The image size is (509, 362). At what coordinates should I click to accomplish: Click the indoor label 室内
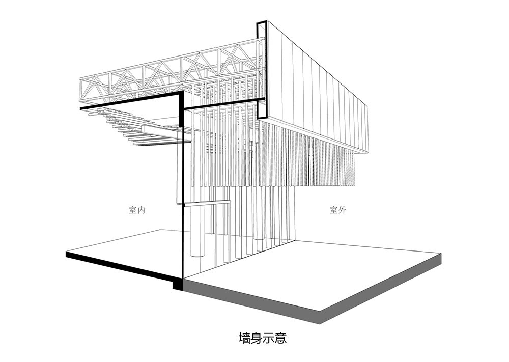[136, 210]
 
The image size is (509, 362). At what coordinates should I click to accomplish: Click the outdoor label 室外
[338, 210]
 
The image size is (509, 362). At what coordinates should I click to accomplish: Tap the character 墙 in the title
[244, 338]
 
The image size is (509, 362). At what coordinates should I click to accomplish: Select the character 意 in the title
[280, 338]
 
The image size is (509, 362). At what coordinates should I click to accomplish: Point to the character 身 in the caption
[257, 338]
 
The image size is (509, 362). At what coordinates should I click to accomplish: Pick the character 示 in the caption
[268, 338]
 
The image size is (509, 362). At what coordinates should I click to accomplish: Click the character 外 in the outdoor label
[342, 210]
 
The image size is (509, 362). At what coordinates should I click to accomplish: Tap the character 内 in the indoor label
[141, 210]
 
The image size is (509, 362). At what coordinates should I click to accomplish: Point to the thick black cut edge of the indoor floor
[123, 266]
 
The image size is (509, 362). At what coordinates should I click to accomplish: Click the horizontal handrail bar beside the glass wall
[207, 204]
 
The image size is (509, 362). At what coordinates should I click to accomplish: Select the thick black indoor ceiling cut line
[130, 101]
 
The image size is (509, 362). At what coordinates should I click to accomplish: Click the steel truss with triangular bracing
[172, 75]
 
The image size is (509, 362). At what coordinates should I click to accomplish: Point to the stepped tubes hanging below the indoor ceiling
[136, 127]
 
